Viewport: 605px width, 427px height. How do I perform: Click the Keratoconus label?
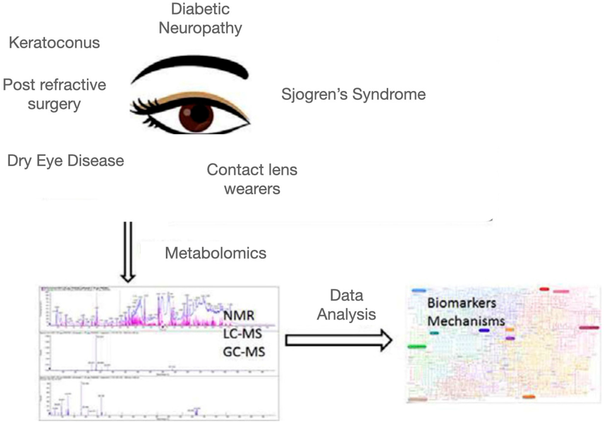click(54, 43)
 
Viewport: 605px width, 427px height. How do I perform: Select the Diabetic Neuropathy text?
click(200, 18)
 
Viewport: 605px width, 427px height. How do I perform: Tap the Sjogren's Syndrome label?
click(353, 94)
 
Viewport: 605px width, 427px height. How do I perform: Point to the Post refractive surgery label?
click(54, 94)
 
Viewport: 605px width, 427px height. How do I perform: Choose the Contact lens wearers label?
click(252, 179)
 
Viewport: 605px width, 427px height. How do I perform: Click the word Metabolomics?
click(215, 253)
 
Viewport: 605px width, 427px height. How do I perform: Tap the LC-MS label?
click(243, 334)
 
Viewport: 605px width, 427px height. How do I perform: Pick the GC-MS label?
click(244, 352)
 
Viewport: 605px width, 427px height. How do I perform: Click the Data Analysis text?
click(346, 305)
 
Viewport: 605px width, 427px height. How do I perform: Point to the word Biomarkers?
click(462, 303)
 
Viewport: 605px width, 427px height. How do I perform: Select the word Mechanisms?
click(466, 321)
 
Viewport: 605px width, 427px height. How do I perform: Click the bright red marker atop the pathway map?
click(544, 289)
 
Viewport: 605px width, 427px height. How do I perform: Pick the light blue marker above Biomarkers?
click(419, 291)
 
